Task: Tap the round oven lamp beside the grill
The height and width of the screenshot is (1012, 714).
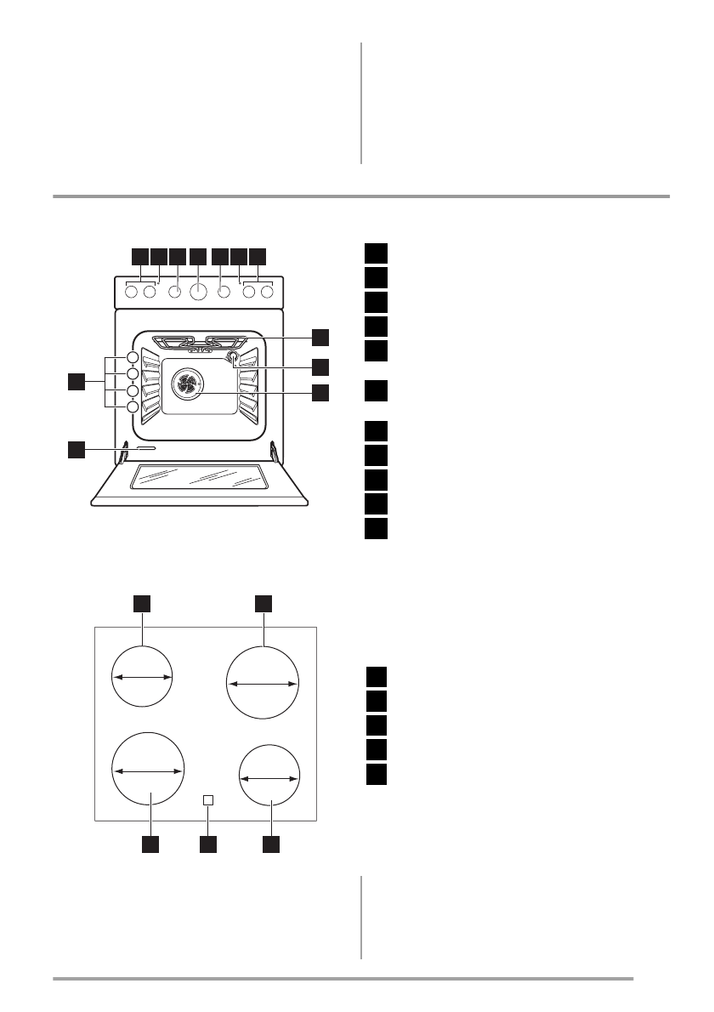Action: coord(230,360)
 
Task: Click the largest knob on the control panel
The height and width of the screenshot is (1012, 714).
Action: coord(198,293)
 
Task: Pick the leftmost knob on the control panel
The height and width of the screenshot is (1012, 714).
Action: coord(132,293)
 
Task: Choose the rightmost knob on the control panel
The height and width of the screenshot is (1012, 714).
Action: coord(267,293)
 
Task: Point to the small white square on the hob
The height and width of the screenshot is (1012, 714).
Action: coord(208,800)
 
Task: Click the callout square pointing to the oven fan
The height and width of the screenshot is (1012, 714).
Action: coord(320,393)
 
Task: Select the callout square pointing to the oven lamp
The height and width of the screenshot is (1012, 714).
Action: coord(320,367)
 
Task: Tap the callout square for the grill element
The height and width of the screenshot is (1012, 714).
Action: coord(320,336)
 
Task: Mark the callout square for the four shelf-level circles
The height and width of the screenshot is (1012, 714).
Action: coord(77,382)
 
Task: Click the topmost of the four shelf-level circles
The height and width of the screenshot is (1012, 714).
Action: coord(133,357)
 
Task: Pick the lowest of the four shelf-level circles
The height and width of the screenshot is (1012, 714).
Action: coord(133,407)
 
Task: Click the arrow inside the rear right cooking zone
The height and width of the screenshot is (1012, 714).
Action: coord(263,683)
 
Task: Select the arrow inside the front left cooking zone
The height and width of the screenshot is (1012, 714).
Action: coord(149,770)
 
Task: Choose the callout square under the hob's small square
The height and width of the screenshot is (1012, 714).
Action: coord(208,844)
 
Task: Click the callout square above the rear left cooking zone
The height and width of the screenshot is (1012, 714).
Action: coord(142,603)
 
